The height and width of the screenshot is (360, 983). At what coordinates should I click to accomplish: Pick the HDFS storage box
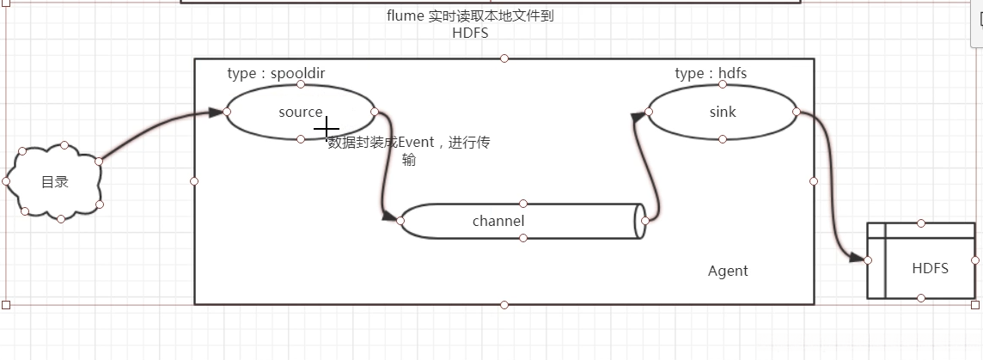[x=928, y=268]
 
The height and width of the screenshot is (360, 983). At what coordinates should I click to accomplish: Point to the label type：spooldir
[x=276, y=73]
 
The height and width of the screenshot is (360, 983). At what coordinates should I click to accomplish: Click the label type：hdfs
[x=711, y=73]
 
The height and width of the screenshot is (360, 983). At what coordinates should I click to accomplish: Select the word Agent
[x=728, y=271]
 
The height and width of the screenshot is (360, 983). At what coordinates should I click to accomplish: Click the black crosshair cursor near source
[x=327, y=130]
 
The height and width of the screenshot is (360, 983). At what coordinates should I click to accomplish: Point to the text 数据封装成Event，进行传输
[x=409, y=151]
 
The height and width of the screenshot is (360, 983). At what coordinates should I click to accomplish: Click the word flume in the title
[x=405, y=15]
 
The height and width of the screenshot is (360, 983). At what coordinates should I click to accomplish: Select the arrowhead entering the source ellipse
[x=215, y=112]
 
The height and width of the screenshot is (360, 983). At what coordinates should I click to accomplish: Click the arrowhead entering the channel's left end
[x=390, y=217]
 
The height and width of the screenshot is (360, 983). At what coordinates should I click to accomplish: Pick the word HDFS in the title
[x=469, y=33]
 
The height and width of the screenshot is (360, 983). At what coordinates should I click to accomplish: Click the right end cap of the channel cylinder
[x=640, y=221]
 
